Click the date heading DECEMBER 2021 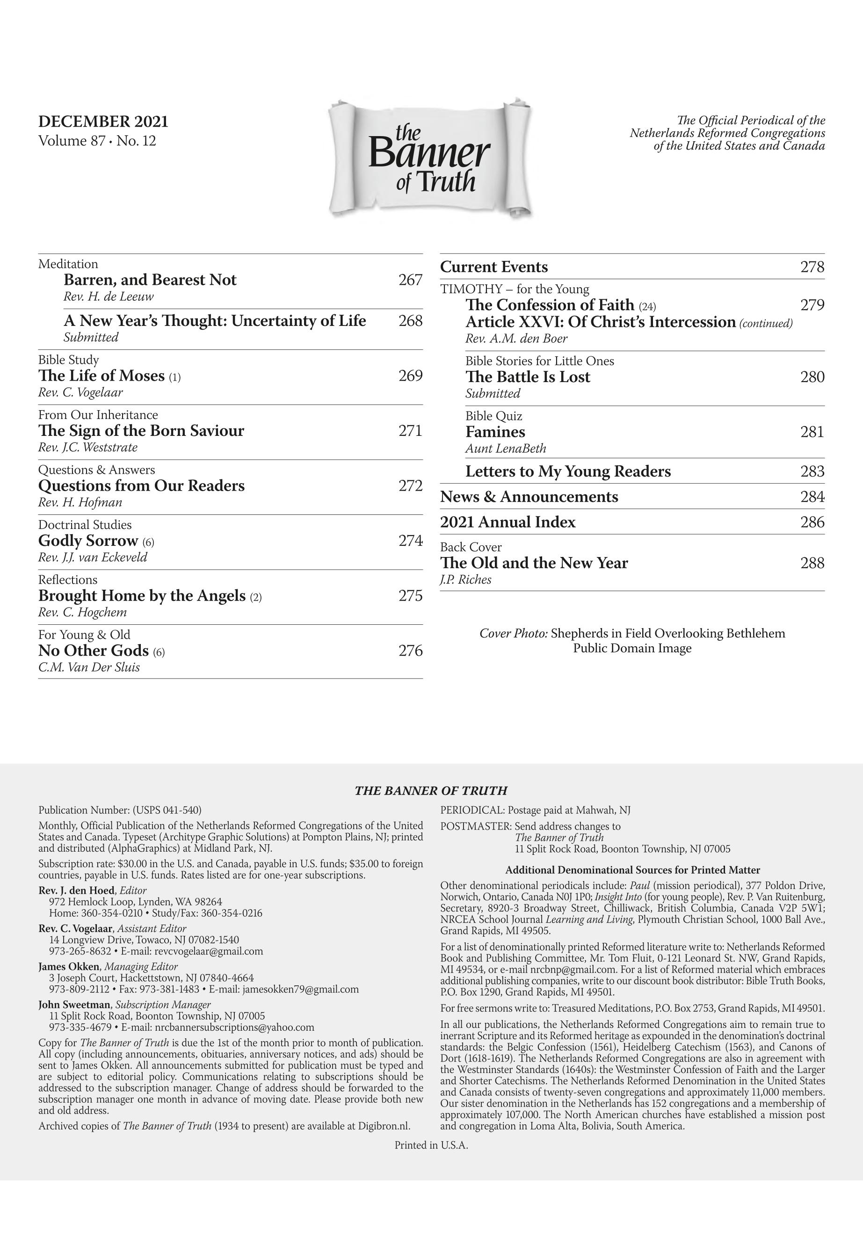coord(103,122)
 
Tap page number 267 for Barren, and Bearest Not coord(410,280)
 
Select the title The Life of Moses coord(101,376)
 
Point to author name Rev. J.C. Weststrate coord(87,448)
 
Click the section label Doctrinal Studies coord(84,525)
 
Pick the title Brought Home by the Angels coord(142,596)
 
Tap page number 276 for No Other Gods coord(410,651)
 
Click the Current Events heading coord(493,267)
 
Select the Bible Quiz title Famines coord(495,432)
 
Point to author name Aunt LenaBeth coord(506,448)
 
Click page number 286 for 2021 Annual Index coord(812,522)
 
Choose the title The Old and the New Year coord(534,564)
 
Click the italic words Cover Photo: coord(514,634)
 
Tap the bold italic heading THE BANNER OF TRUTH coord(430,791)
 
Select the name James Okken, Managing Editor coord(108,966)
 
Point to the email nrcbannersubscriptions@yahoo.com coord(234,1027)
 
